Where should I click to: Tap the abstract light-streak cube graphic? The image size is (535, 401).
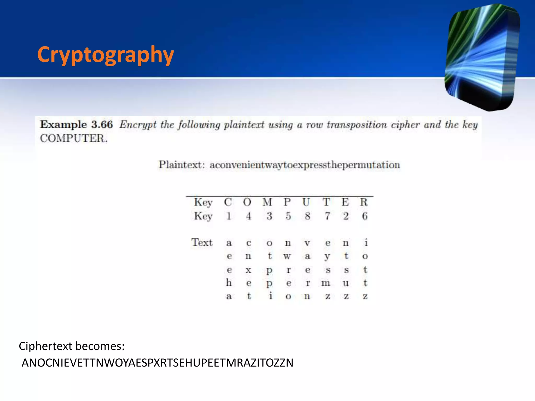pyautogui.click(x=482, y=57)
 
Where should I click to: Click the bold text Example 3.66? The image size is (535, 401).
pyautogui.click(x=76, y=125)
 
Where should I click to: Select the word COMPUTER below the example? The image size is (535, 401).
pyautogui.click(x=73, y=138)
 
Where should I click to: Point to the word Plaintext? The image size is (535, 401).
pyautogui.click(x=181, y=165)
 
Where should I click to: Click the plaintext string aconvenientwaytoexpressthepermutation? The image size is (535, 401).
pyautogui.click(x=305, y=165)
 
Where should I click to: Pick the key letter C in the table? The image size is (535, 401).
pyautogui.click(x=228, y=202)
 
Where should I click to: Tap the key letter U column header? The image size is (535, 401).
pyautogui.click(x=306, y=202)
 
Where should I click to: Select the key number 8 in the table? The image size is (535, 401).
pyautogui.click(x=307, y=216)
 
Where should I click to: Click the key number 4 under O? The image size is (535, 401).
pyautogui.click(x=248, y=216)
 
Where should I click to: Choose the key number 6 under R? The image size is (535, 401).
pyautogui.click(x=365, y=216)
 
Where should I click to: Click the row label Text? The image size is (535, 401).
pyautogui.click(x=202, y=242)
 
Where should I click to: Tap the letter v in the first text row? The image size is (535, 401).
pyautogui.click(x=307, y=243)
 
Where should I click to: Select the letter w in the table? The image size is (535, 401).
pyautogui.click(x=287, y=256)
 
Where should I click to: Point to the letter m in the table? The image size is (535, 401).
pyautogui.click(x=326, y=283)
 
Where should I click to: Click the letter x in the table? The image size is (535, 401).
pyautogui.click(x=248, y=270)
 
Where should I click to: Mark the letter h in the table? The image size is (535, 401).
pyautogui.click(x=229, y=282)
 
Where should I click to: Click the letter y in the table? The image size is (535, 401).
pyautogui.click(x=327, y=257)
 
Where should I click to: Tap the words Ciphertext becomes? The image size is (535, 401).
pyautogui.click(x=72, y=346)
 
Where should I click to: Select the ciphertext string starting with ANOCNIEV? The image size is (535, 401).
pyautogui.click(x=158, y=363)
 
